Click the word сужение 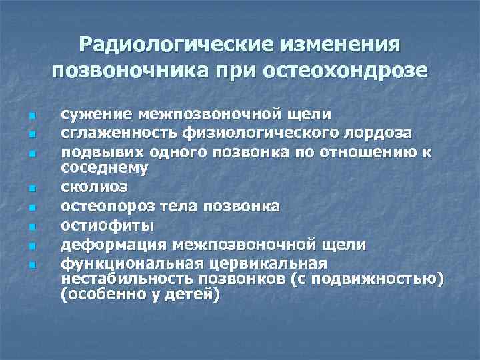pyautogui.click(x=97, y=117)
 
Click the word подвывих pyautogui.click(x=97, y=151)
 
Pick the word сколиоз pyautogui.click(x=93, y=185)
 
